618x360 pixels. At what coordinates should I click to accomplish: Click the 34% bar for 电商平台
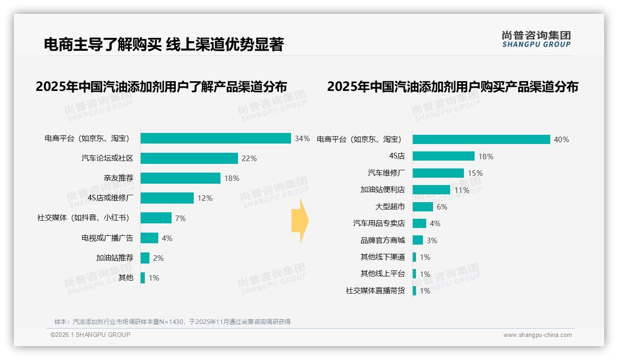[x=215, y=138]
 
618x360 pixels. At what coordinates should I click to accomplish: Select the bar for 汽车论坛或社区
[x=189, y=158]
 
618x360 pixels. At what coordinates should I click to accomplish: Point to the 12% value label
[x=205, y=198]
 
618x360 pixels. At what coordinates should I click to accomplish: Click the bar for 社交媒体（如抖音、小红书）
[x=156, y=218]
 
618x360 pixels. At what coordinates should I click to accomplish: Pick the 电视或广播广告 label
[x=107, y=238]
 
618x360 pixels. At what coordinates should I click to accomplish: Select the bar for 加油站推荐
[x=145, y=258]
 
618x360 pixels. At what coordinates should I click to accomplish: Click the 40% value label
[x=561, y=139]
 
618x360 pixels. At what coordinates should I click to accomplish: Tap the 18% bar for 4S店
[x=443, y=156]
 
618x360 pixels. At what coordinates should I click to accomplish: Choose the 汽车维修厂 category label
[x=386, y=173]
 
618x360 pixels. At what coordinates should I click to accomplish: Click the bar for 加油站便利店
[x=431, y=190]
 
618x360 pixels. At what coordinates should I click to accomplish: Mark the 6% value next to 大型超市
[x=442, y=207]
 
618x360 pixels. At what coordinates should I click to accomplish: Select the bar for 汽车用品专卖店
[x=419, y=223]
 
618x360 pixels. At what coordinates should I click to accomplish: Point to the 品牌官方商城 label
[x=382, y=240]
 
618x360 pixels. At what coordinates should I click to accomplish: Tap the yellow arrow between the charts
[x=300, y=221]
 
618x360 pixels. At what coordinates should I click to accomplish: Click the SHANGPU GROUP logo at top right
[x=536, y=39]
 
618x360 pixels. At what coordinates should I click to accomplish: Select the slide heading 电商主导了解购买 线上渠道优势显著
[x=164, y=44]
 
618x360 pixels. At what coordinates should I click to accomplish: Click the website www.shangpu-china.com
[x=537, y=335]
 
